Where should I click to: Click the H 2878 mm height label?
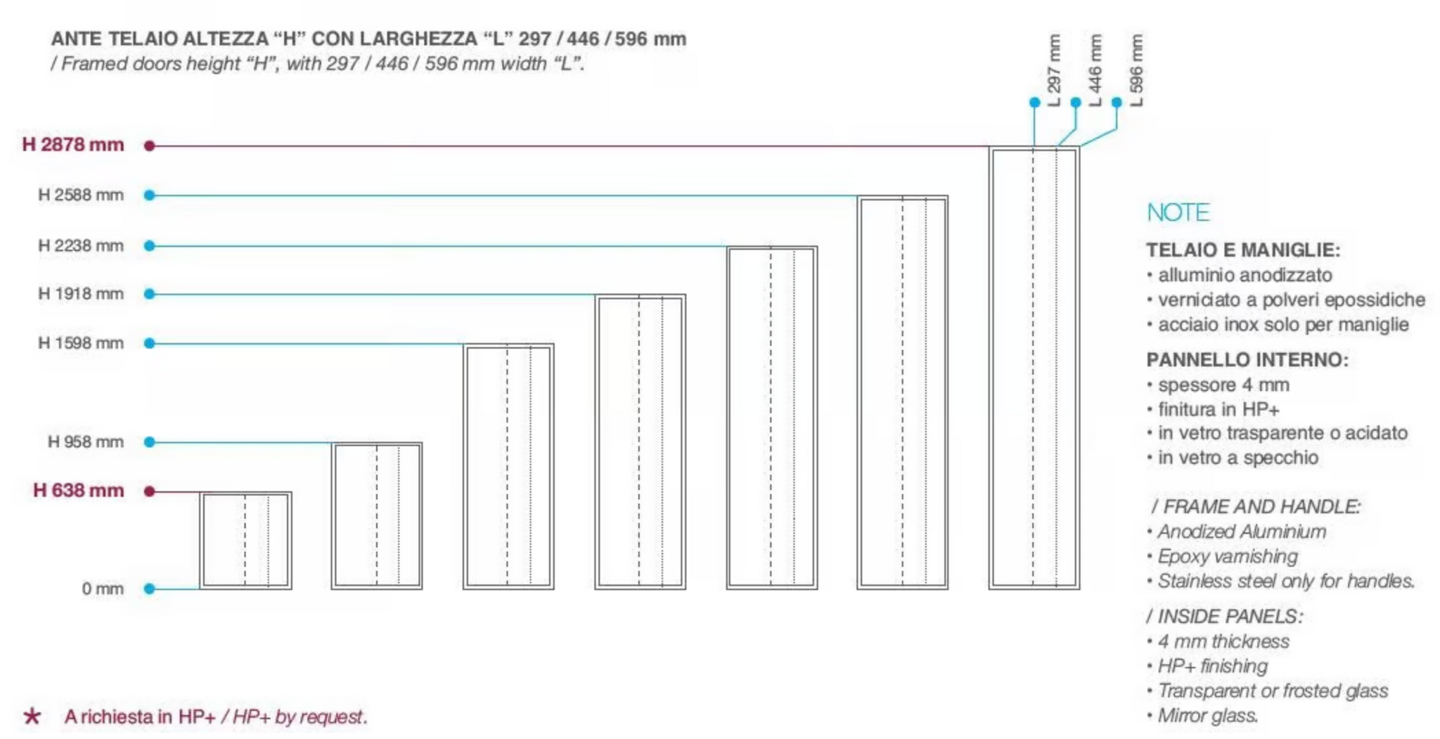73,145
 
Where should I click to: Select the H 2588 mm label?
81,195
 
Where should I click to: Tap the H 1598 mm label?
81,343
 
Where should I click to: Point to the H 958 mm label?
86,442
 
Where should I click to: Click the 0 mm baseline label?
103,589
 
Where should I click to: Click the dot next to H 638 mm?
149,491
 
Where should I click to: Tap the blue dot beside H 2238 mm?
149,246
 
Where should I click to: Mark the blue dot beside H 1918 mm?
149,294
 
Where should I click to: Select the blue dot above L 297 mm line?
1034,103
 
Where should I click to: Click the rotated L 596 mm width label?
1137,70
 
